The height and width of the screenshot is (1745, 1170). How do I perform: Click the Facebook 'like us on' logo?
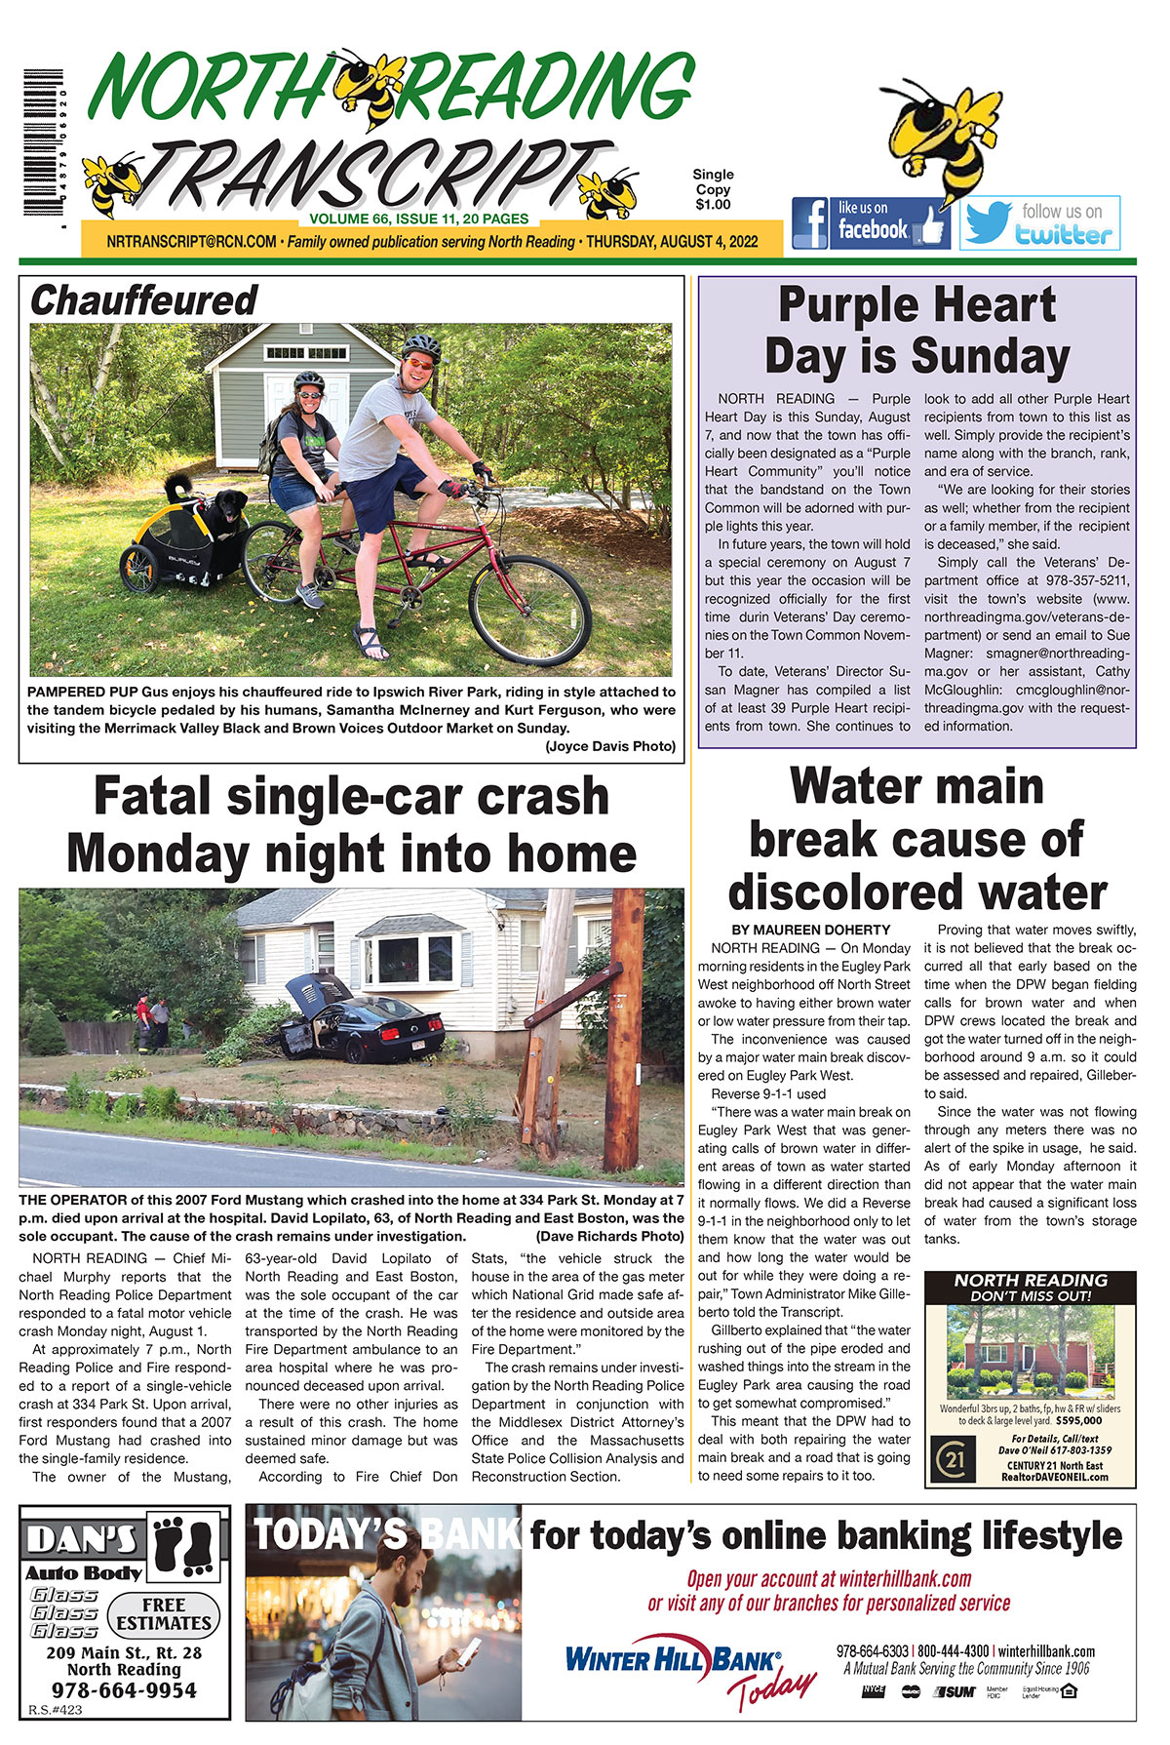(x=870, y=223)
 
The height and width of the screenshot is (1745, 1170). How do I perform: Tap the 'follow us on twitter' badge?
(x=1039, y=223)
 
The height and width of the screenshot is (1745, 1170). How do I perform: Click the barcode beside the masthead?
(x=43, y=144)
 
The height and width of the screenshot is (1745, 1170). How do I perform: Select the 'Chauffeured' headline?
(x=143, y=300)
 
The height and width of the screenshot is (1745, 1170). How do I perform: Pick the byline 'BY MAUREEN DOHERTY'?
(x=810, y=930)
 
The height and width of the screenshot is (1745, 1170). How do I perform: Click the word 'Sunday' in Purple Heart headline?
(x=987, y=357)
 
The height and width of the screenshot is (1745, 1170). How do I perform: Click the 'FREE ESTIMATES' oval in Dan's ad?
(x=164, y=1614)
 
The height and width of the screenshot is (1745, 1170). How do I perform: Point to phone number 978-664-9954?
(x=124, y=1690)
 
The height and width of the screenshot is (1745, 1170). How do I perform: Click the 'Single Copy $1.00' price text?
(x=713, y=189)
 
